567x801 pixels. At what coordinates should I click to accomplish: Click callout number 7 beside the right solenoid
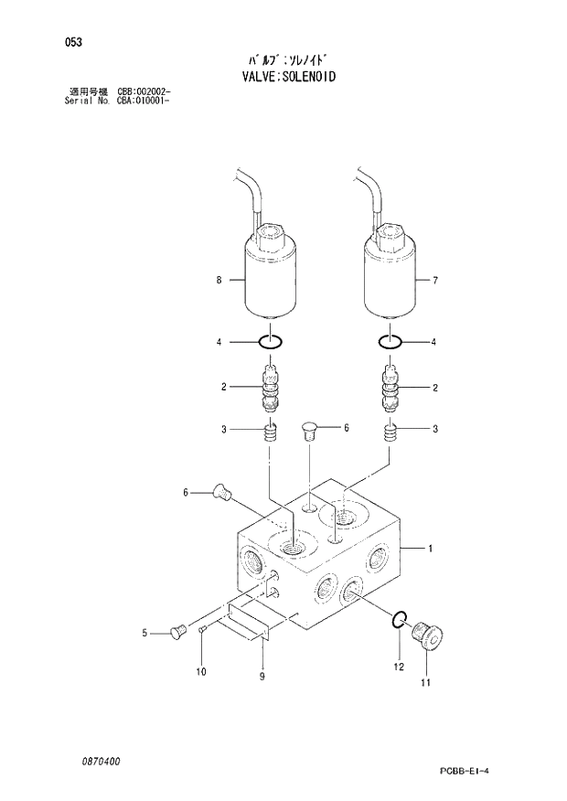click(x=434, y=281)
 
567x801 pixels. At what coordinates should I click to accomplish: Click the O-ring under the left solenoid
click(x=270, y=342)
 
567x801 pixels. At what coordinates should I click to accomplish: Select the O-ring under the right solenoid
click(x=390, y=342)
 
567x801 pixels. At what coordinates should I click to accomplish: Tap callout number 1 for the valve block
click(x=431, y=549)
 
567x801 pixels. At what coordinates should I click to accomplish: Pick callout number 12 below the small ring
click(x=398, y=667)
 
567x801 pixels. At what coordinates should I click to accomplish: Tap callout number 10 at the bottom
click(x=201, y=672)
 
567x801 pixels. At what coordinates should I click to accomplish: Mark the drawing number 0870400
click(x=101, y=761)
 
